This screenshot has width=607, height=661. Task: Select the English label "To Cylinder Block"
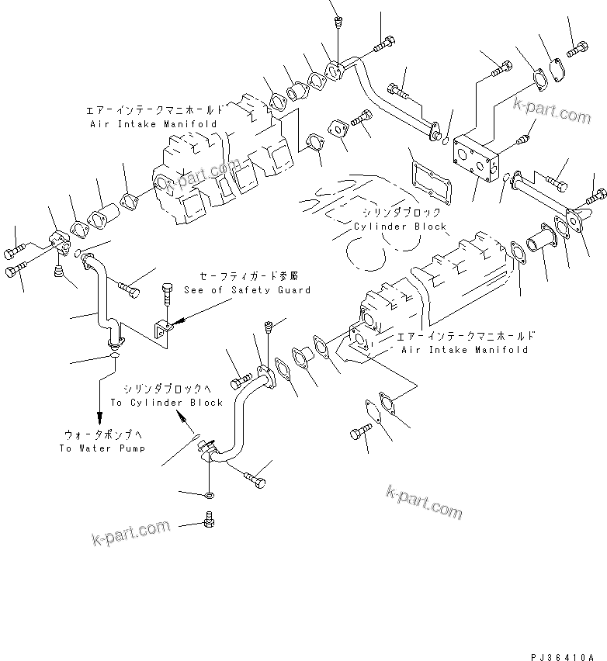tap(166, 402)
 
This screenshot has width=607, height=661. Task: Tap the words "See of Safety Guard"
tap(247, 289)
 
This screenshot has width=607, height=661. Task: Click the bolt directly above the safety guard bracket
tap(168, 296)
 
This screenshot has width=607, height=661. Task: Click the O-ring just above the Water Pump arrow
tap(113, 357)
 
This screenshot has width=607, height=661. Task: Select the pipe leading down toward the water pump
tap(99, 299)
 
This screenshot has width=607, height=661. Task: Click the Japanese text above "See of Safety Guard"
tap(248, 275)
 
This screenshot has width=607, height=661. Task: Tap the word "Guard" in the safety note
tap(293, 289)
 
